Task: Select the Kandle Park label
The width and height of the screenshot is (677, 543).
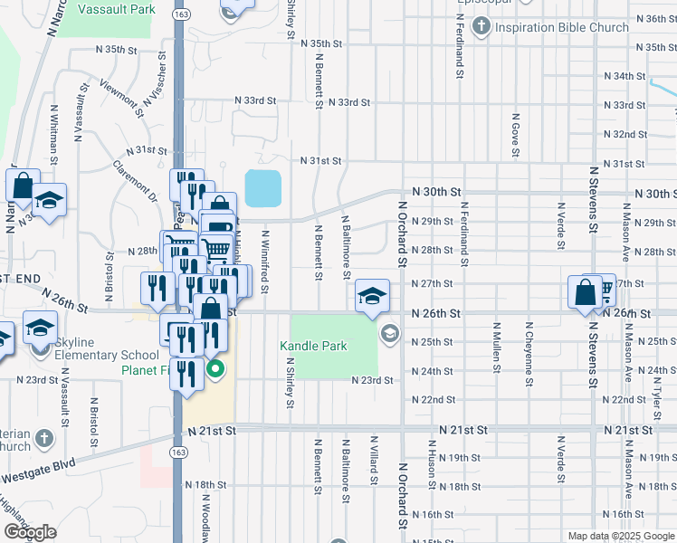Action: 314,346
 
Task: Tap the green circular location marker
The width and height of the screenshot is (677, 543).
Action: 215,368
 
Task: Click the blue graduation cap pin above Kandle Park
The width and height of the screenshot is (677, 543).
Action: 372,296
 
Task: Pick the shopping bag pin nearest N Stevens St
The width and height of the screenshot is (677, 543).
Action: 586,293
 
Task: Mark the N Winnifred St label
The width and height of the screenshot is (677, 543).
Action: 265,262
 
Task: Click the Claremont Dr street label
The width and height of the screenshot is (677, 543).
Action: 136,181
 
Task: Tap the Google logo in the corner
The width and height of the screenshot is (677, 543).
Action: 30,532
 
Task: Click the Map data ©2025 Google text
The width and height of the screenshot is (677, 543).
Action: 620,536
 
